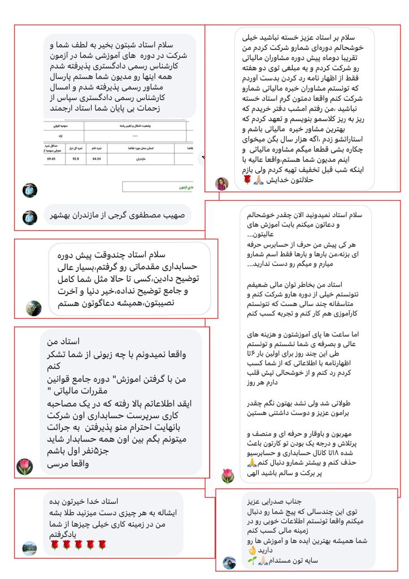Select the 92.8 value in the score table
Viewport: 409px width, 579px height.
click(72, 160)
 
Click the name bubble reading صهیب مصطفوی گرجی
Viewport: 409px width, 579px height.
click(118, 215)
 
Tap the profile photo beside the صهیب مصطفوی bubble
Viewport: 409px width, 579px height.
click(30, 217)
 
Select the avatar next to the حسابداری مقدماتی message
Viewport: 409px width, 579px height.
click(34, 308)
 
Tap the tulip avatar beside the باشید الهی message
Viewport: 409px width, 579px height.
click(227, 476)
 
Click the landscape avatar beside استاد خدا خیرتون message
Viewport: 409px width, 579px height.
click(29, 547)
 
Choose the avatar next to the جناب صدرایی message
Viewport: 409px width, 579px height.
click(229, 563)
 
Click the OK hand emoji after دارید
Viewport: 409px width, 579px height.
click(253, 551)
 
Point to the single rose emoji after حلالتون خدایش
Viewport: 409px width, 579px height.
click(246, 180)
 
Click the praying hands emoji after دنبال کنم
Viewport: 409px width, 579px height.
click(253, 463)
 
